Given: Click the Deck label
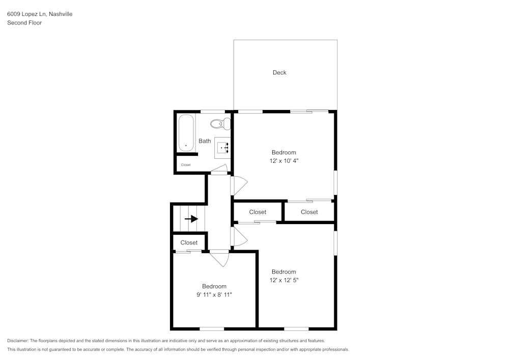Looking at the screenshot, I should pos(279,72).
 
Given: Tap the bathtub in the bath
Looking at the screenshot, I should pos(186,133).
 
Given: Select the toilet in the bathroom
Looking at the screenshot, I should pos(220,123).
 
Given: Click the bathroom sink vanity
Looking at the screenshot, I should pos(222,146).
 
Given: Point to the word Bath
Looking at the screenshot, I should pos(205,141).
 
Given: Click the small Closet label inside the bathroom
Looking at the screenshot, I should pos(186,165).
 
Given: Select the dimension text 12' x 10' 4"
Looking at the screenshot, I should pos(284,160).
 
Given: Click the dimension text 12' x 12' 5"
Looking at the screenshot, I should pos(284,280).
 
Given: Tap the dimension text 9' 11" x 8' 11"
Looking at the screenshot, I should pos(214,294).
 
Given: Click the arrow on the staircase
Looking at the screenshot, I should pos(191,219).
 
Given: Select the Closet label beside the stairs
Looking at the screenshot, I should pos(189,243).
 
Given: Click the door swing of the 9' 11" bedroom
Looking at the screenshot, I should pos(220,258).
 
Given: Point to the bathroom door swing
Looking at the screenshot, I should pos(219,170).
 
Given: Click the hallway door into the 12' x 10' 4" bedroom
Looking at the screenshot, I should pos(238,185).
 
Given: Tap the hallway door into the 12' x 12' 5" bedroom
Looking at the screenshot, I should pos(238,236).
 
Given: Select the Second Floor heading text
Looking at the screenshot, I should pos(24,23).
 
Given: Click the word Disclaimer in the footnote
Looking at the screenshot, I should pos(18,341).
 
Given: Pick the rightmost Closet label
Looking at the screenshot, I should pos(309,212).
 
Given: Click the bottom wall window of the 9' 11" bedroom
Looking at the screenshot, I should pos(212,328).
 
